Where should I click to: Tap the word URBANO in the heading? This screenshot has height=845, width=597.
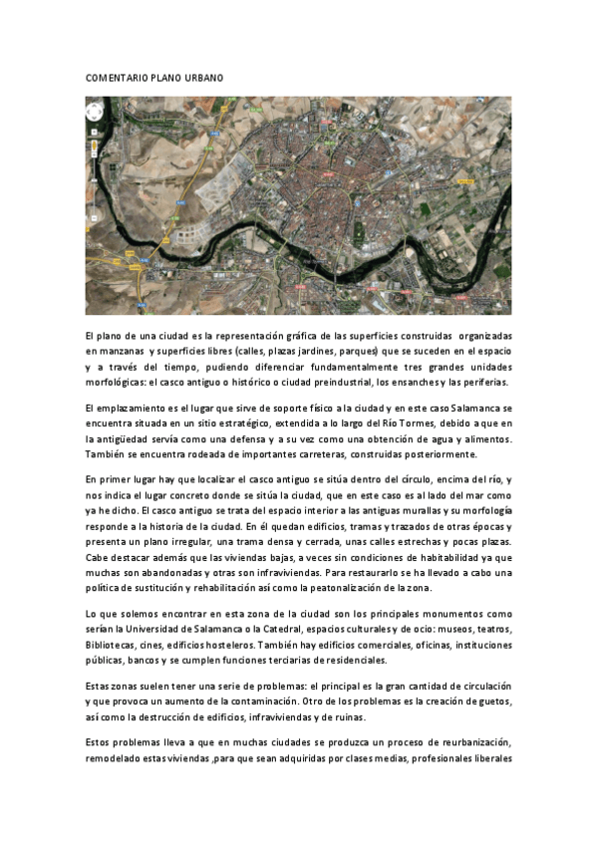point(203,77)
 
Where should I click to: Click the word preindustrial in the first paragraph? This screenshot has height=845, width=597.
point(349,382)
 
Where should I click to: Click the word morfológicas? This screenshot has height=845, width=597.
point(119,382)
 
